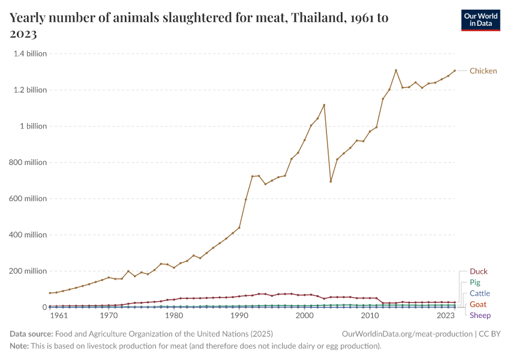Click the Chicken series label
point(483,71)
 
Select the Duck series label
point(479,272)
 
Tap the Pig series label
point(475,283)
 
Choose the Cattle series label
point(479,293)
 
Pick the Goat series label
point(478,304)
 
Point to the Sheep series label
point(480,315)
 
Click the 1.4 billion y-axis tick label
point(30,53)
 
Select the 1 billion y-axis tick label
point(35,126)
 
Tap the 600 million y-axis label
point(28,199)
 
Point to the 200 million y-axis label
point(28,271)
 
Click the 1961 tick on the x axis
point(58,316)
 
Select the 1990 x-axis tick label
point(239,316)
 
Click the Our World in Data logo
point(480,20)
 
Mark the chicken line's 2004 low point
point(331,181)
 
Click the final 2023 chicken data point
point(455,71)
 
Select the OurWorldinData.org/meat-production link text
point(406,334)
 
